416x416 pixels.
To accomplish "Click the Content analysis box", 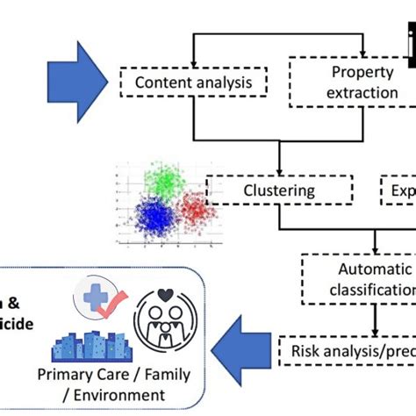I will (181, 84).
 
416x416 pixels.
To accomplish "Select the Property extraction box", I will (348, 82).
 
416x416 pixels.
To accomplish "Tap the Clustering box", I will (278, 190).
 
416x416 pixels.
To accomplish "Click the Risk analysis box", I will (347, 349).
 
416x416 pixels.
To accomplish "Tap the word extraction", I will (348, 92).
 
